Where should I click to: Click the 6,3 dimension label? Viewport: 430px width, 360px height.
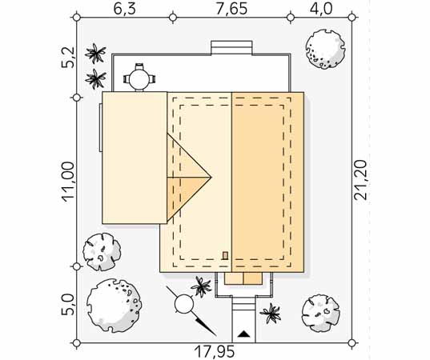124,9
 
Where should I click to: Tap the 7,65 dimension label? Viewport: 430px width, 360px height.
231,9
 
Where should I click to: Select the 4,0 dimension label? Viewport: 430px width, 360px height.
321,9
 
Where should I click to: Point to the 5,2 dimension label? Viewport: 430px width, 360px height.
67,58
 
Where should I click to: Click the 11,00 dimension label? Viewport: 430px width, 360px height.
68,182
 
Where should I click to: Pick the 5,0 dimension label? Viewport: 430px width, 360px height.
67,304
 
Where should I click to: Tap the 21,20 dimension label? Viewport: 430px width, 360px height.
360,180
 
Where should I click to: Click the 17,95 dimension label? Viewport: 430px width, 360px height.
215,351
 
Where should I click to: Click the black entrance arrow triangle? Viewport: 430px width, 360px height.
243,334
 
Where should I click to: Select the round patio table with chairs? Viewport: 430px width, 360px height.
139,78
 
